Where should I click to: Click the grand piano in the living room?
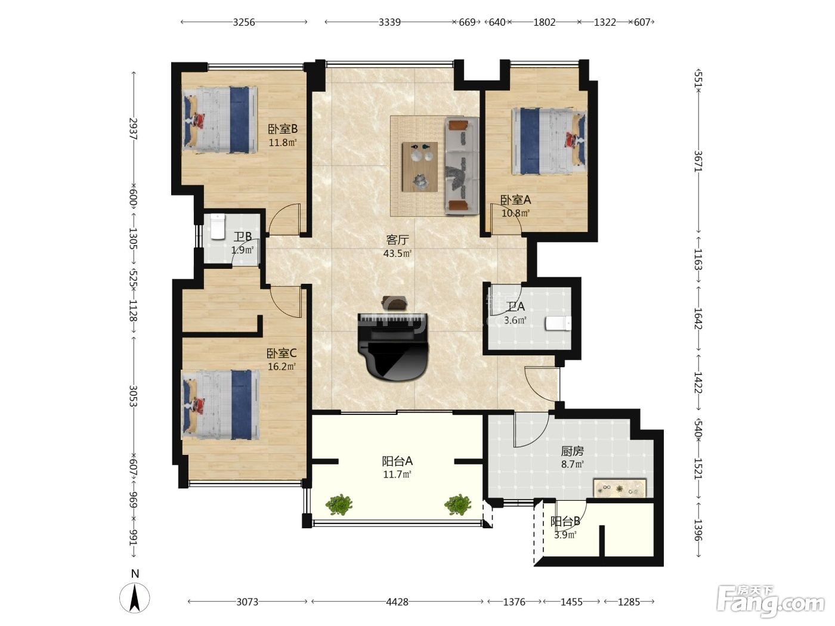tap(393, 346)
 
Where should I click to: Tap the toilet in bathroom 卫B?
tap(218, 227)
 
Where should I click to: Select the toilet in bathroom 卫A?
tap(558, 324)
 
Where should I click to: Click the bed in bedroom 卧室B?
tap(219, 120)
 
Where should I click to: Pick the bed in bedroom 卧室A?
tap(549, 141)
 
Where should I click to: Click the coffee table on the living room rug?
tap(420, 167)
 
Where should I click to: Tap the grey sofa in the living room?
tap(462, 166)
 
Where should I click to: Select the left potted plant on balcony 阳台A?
tap(339, 504)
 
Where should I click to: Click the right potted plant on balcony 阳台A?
tap(457, 504)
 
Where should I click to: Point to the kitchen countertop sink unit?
tap(620, 488)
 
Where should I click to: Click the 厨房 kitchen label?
tap(572, 451)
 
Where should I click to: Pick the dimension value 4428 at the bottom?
tap(397, 602)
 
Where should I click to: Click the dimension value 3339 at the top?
tap(389, 23)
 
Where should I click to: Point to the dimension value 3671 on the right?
tap(698, 161)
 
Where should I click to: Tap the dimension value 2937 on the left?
tap(134, 129)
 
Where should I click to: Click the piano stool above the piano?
tap(394, 302)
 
